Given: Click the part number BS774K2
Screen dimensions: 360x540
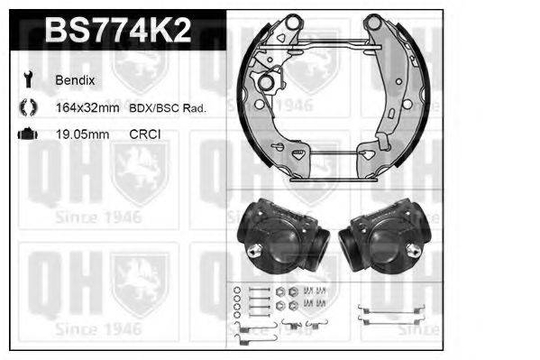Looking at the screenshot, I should click(x=116, y=31).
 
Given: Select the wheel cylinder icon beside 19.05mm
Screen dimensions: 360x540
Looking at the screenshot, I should click(x=25, y=134).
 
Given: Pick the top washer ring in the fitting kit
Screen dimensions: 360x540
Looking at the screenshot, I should click(x=237, y=290).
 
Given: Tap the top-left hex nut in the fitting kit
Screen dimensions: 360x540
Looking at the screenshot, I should click(x=281, y=291).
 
